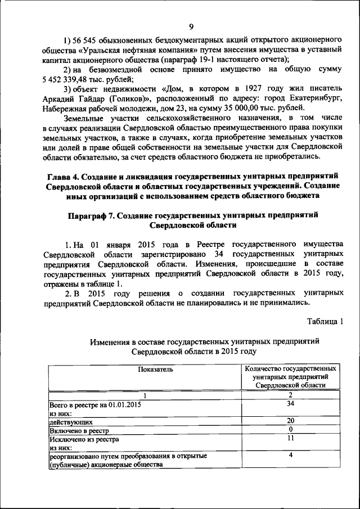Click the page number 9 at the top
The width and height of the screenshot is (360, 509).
(x=191, y=26)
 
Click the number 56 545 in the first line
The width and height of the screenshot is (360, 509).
(x=86, y=39)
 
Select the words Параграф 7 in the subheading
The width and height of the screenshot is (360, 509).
(x=92, y=215)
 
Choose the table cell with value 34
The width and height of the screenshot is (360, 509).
(x=290, y=404)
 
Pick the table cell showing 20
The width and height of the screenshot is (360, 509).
(x=290, y=421)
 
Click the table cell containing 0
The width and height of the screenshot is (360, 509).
(x=290, y=430)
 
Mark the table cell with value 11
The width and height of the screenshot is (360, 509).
(x=290, y=439)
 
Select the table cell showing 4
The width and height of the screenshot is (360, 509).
(x=290, y=456)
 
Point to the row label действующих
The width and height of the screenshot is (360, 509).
(x=70, y=421)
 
